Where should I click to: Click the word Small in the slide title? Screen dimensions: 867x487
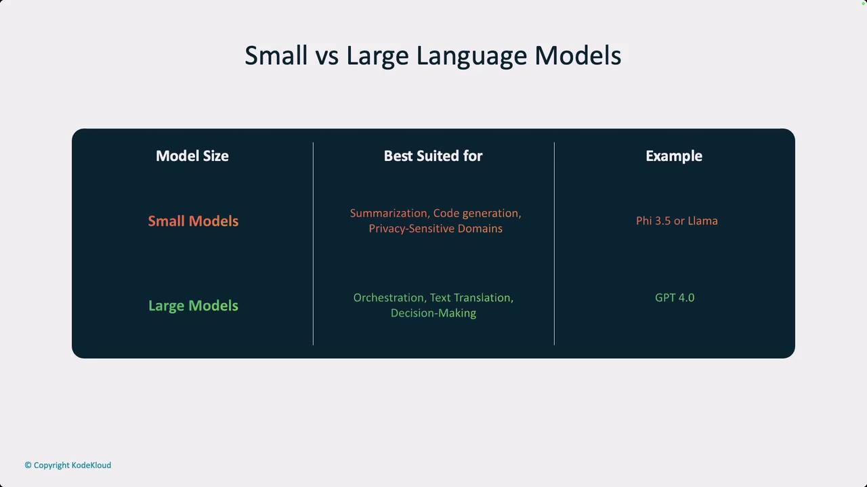[276, 55]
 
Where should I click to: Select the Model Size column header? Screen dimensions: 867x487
[192, 156]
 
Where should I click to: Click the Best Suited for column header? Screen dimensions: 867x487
[433, 156]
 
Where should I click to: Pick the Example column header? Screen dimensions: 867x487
[674, 156]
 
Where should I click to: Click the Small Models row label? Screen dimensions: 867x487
[193, 221]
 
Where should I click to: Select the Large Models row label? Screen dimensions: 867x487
[193, 306]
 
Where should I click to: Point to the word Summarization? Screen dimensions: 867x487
[389, 213]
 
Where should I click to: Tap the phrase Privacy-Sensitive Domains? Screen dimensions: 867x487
[436, 229]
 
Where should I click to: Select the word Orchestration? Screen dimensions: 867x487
[389, 298]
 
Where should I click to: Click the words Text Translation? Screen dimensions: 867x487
[470, 298]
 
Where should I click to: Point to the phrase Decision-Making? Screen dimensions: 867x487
[433, 313]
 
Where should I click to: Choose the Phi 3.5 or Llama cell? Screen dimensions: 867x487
[677, 221]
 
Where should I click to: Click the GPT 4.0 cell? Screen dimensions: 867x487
[675, 298]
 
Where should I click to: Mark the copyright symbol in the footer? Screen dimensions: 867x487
[28, 465]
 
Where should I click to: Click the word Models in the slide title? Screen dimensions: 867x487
[578, 55]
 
